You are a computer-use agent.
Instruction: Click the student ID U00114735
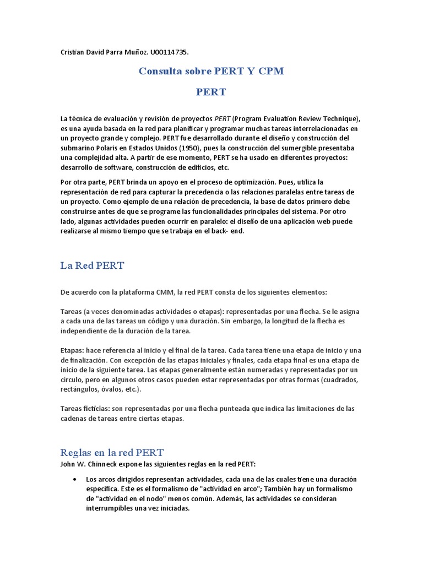pyautogui.click(x=167, y=52)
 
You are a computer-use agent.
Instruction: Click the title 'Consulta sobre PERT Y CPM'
pyautogui.click(x=211, y=71)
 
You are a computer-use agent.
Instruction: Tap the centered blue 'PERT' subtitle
pyautogui.click(x=211, y=92)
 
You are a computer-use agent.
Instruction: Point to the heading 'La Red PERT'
pyautogui.click(x=92, y=265)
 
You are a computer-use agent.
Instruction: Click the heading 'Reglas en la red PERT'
pyautogui.click(x=112, y=453)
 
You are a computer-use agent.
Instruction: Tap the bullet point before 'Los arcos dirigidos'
pyautogui.click(x=74, y=479)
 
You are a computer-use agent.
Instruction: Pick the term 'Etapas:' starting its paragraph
pyautogui.click(x=72, y=350)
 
